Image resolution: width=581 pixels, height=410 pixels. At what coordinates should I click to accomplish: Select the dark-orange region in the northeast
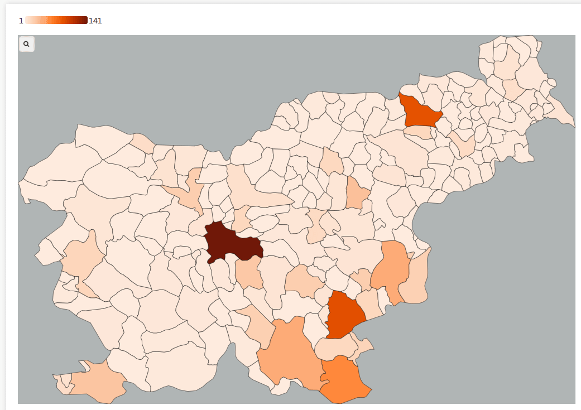click(420, 111)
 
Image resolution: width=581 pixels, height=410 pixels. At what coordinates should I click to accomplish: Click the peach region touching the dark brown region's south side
click(248, 273)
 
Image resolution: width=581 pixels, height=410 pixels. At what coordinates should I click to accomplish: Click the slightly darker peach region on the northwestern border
click(143, 142)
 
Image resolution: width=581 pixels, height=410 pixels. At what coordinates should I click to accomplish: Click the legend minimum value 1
click(21, 21)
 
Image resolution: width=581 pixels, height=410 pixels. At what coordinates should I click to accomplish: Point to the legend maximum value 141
click(95, 21)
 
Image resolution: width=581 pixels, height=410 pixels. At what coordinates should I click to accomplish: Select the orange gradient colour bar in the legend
click(56, 21)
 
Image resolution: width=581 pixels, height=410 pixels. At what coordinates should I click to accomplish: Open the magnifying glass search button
click(26, 44)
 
